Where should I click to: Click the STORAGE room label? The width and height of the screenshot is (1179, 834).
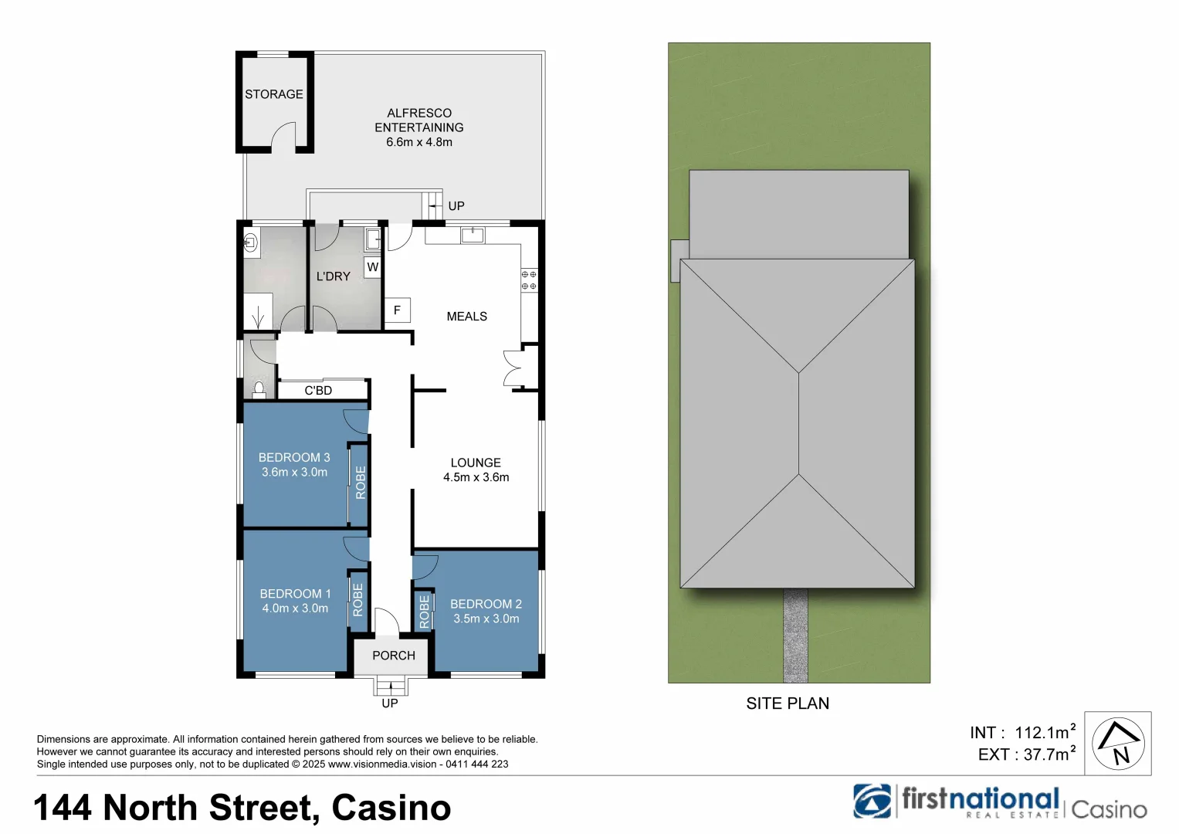click(x=273, y=94)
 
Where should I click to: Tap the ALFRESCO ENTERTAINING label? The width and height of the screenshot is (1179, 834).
click(x=419, y=120)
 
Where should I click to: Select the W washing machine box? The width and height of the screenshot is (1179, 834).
click(x=373, y=267)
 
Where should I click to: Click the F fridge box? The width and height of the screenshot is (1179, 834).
click(x=397, y=310)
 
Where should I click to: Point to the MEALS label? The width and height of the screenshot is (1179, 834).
click(x=466, y=317)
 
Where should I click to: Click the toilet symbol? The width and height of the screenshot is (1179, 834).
click(x=259, y=388)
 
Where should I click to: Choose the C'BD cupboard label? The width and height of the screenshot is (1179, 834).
click(x=318, y=391)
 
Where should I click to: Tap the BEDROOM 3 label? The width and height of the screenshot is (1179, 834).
click(x=294, y=458)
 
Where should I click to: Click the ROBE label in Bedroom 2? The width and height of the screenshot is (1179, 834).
click(x=424, y=611)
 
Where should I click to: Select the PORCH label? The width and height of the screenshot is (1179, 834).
click(x=393, y=656)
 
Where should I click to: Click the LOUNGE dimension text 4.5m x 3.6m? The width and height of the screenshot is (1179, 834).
click(x=476, y=477)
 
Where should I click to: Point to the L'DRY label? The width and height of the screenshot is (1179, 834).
click(x=334, y=276)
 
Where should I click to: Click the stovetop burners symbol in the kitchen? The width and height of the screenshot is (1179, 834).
click(x=529, y=280)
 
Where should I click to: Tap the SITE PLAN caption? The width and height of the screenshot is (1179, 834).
click(x=788, y=703)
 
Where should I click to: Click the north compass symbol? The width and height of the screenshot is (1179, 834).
click(x=1119, y=744)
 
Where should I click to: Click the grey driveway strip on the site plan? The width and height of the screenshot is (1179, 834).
click(x=795, y=636)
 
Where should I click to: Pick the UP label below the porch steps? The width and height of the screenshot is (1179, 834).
click(x=390, y=703)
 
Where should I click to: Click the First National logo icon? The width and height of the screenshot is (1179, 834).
click(x=872, y=801)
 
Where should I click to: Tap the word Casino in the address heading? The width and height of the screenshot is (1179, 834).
click(x=391, y=808)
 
